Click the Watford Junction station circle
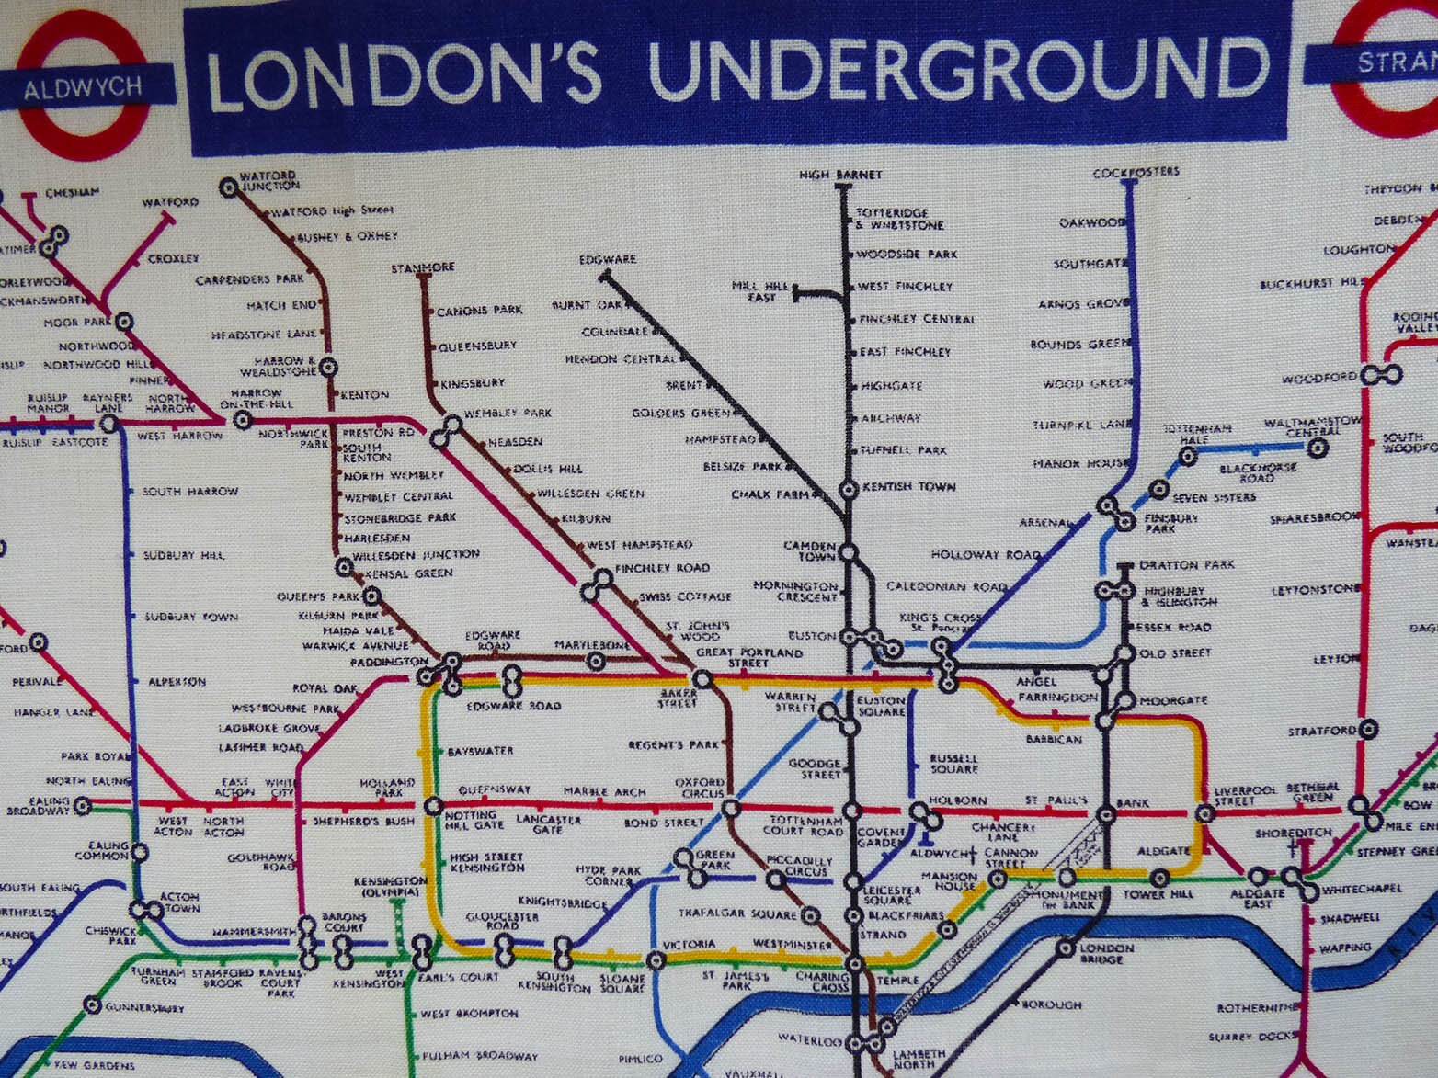228,187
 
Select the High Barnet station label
840,175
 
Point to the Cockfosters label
1136,172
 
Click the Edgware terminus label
608,260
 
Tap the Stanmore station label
423,267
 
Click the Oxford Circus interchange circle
731,809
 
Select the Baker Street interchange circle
702,680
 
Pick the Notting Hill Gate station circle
433,807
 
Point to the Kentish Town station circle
849,488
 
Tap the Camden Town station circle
849,553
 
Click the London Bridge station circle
1066,948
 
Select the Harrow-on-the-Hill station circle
243,420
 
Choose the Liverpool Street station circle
1204,813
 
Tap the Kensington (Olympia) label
391,887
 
